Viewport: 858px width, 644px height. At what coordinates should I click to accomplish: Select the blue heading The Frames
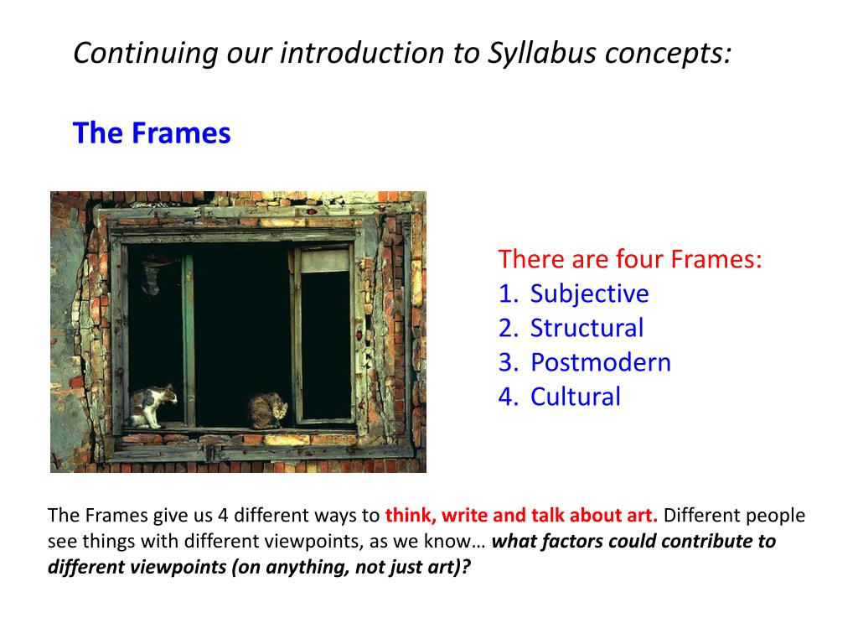(152, 133)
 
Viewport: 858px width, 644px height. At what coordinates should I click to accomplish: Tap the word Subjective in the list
(589, 294)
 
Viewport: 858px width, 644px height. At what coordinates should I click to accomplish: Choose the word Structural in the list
(587, 328)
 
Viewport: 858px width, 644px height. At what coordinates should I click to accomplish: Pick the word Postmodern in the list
(600, 362)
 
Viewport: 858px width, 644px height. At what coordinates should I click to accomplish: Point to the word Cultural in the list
(575, 397)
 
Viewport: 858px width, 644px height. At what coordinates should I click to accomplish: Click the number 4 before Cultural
(506, 397)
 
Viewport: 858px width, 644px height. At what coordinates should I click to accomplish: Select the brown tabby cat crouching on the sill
(267, 411)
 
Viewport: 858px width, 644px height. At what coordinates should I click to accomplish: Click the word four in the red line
(639, 259)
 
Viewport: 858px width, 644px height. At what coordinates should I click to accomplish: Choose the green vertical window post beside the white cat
(188, 340)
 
